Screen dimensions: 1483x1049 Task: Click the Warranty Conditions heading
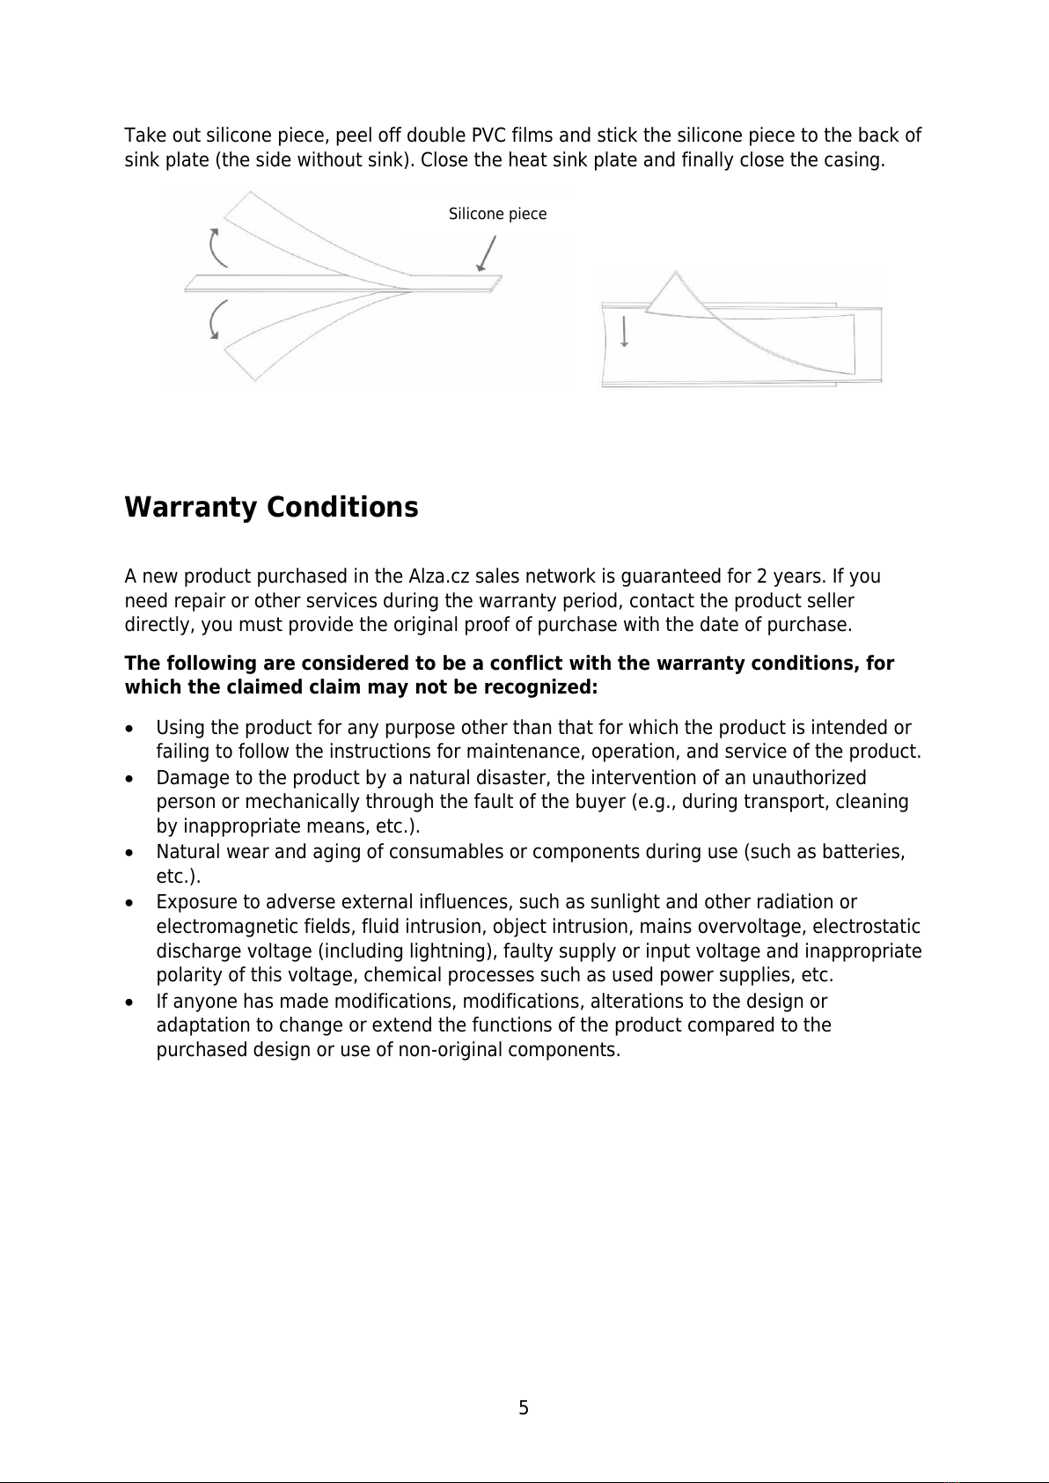tap(271, 508)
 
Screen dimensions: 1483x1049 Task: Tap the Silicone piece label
tap(497, 214)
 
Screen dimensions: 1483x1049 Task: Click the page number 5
tap(524, 1408)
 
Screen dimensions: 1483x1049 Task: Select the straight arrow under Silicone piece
tap(485, 254)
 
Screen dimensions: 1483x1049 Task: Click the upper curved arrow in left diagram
tap(216, 246)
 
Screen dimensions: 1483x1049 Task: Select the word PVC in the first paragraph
tap(487, 136)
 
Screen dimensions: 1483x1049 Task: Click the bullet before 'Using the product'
tap(130, 730)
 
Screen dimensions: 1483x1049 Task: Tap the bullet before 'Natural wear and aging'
tap(130, 854)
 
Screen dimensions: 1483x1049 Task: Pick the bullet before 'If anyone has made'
tap(130, 1002)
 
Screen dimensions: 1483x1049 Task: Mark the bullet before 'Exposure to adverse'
tap(130, 904)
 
